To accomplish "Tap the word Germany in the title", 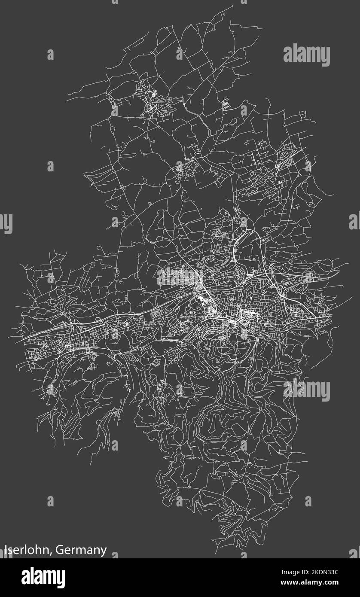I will (81, 551).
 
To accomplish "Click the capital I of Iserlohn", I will (6, 550).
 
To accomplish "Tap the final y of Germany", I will (104, 552).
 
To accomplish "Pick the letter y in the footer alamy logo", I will (61, 580).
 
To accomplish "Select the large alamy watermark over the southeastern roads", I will (306, 390).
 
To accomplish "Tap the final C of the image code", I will (349, 572).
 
